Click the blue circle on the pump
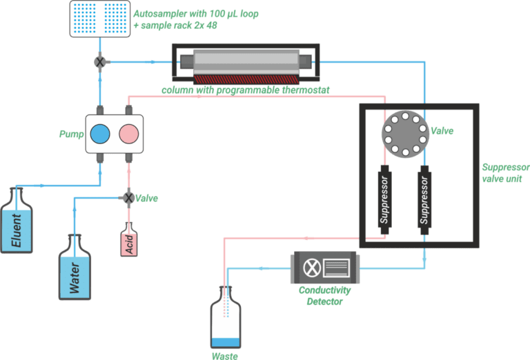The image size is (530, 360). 101,133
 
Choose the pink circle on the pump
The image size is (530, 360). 128,133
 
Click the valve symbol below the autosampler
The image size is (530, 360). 100,62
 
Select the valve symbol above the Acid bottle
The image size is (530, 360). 128,198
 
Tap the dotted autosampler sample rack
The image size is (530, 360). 99,19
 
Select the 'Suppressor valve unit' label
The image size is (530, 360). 504,173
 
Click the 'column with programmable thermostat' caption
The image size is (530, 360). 245,90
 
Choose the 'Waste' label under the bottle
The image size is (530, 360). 225,356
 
